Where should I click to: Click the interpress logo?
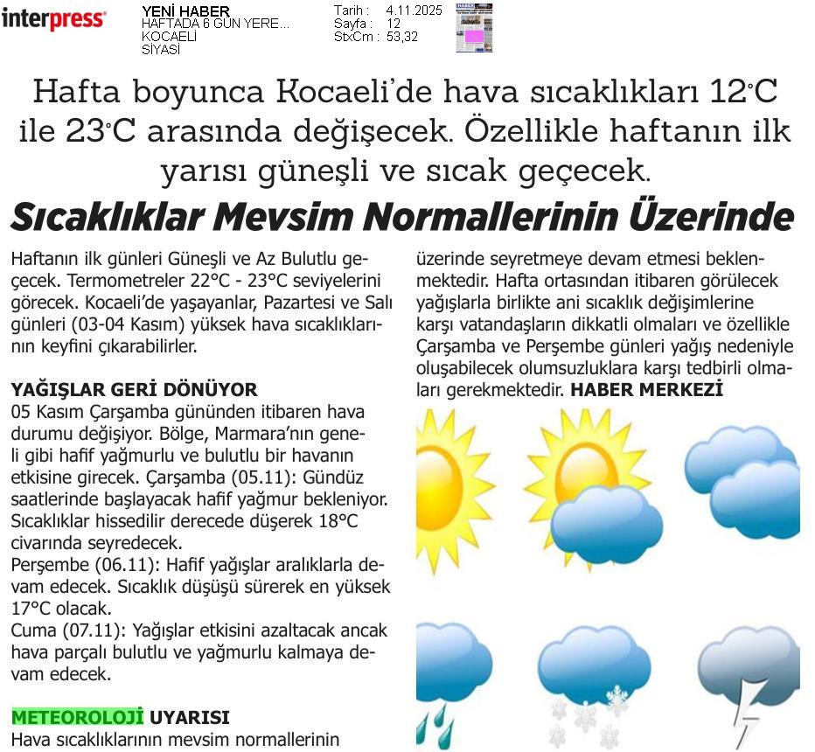[54, 19]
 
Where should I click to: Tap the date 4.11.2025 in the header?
[414, 10]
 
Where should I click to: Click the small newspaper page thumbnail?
[474, 28]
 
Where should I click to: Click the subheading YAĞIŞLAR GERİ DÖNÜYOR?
[134, 390]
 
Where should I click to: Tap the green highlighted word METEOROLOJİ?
[77, 718]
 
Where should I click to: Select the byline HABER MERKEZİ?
[646, 390]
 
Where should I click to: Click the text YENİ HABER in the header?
[185, 11]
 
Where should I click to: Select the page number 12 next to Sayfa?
[393, 24]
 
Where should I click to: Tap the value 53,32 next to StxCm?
[401, 37]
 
